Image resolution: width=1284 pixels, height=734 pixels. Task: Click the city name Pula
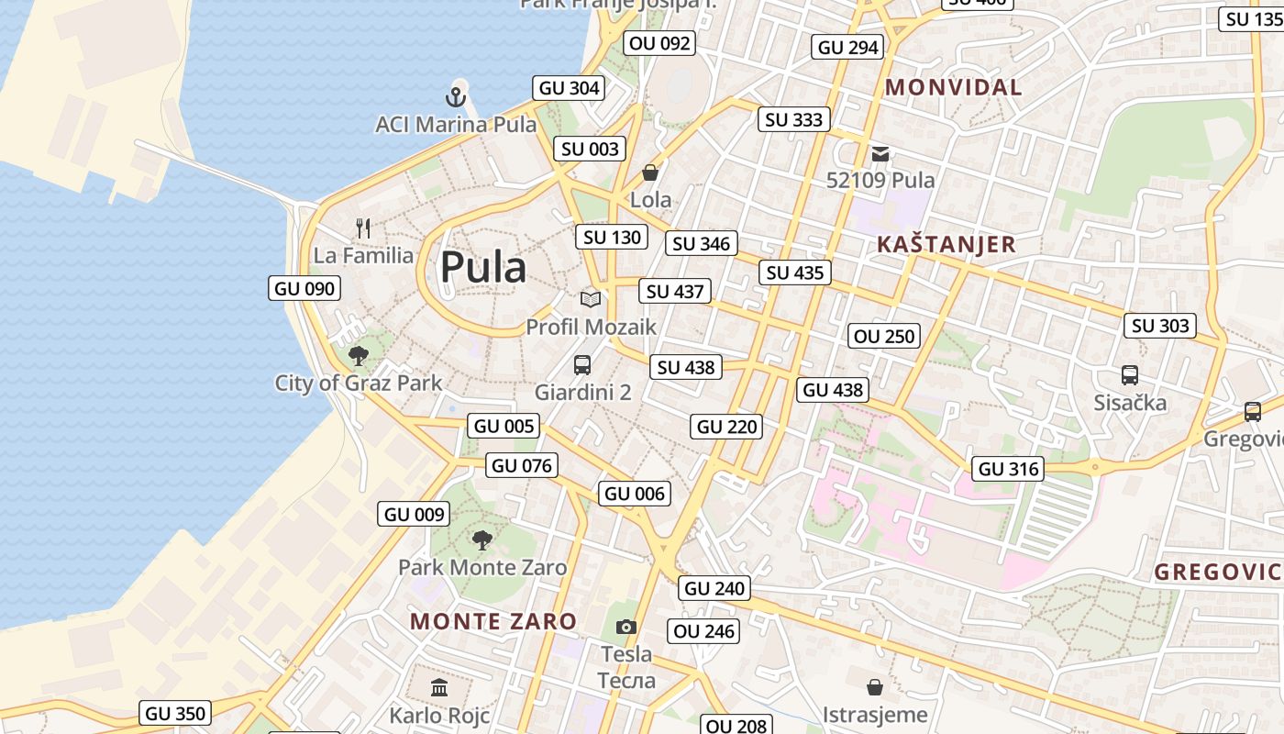coord(483,267)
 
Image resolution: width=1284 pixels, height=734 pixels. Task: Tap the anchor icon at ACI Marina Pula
coord(456,95)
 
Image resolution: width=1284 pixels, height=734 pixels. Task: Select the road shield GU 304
coord(570,88)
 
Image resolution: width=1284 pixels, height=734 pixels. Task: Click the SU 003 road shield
coord(592,149)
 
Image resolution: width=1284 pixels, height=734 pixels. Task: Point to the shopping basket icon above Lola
coord(650,172)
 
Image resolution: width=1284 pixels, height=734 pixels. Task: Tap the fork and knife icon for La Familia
coord(363,228)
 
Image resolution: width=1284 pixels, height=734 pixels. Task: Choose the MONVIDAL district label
coord(954,88)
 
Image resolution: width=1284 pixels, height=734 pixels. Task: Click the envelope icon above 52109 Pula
coord(880,153)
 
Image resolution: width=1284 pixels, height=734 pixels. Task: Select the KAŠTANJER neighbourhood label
coord(946,244)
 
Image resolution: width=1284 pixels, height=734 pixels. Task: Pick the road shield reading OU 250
coord(884,336)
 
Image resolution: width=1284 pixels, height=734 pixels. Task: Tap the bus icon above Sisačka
coord(1130,374)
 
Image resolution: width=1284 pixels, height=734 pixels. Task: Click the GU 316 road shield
coord(1009,469)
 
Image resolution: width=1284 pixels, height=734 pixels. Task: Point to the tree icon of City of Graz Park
coord(359,355)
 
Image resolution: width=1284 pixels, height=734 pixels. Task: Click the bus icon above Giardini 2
coord(582,365)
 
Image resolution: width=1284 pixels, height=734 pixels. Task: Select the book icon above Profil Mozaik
coord(591,299)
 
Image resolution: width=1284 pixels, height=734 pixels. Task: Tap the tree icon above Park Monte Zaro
coord(481,539)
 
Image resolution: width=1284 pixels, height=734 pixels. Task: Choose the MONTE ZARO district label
coord(493,621)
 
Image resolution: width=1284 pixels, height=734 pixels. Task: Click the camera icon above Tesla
coord(626,627)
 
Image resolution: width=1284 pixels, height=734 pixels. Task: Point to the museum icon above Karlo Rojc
coord(439,687)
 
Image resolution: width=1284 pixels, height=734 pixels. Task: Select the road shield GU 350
coord(176,713)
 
